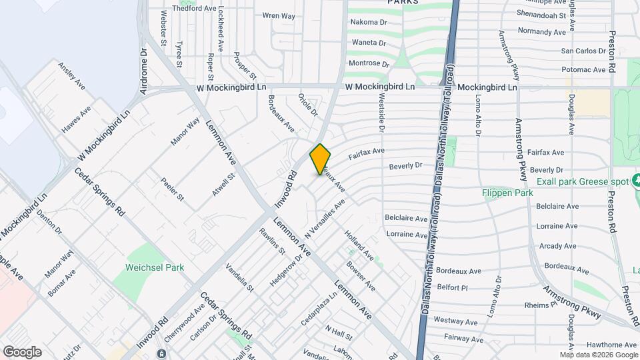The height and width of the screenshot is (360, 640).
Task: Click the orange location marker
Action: (320, 159)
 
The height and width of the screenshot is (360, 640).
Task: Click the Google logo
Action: (22, 351)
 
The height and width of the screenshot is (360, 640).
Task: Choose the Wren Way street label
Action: (279, 15)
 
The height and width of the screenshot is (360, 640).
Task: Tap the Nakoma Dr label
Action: (369, 22)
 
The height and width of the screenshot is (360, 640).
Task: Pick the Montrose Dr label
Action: (369, 64)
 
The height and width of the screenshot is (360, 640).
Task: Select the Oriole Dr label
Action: (309, 105)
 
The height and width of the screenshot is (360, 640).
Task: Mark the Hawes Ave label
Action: (76, 121)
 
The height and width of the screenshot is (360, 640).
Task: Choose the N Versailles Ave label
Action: (325, 219)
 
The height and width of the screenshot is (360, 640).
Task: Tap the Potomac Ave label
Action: (583, 69)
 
